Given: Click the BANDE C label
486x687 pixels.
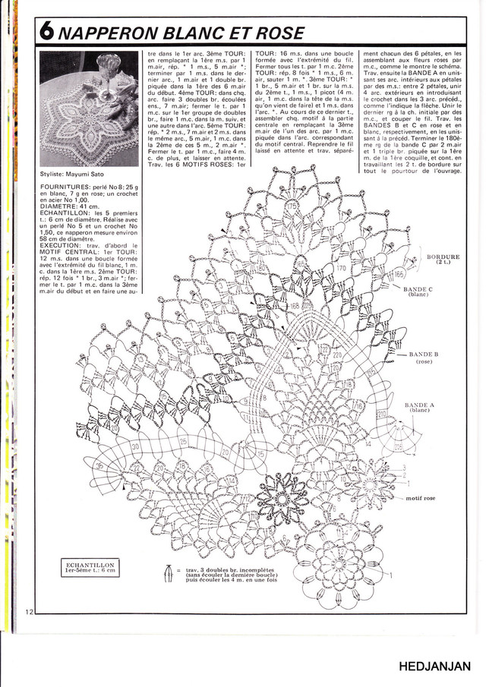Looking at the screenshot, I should (418, 289).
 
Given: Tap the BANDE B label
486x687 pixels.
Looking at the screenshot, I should (424, 355).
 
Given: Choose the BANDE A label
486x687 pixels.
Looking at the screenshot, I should (419, 405).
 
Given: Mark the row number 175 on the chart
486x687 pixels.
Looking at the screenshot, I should (292, 206).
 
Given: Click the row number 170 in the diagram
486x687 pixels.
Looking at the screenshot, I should (341, 268).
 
